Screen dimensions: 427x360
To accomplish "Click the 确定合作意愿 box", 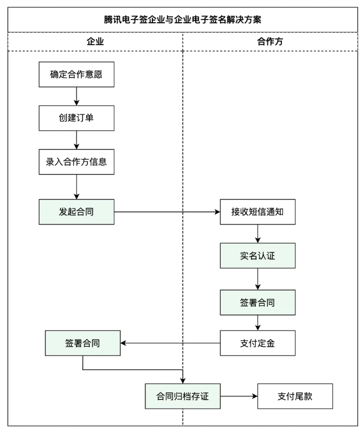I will point(76,75).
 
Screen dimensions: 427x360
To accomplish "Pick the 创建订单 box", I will point(76,118).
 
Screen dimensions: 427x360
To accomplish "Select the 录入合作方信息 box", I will point(76,162).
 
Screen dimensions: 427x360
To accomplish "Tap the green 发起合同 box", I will point(76,211).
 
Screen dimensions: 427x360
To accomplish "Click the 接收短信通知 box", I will point(257,212).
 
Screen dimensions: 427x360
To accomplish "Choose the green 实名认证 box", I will point(257,255).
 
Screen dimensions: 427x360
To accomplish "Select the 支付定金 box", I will point(257,343).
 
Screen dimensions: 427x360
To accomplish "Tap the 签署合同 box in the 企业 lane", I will point(82,343).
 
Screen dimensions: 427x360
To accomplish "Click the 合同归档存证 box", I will point(183,396).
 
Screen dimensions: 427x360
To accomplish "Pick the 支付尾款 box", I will point(294,396).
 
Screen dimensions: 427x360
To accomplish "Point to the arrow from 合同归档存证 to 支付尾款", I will point(239,396).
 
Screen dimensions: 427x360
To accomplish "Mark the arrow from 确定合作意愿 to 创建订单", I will point(76,97).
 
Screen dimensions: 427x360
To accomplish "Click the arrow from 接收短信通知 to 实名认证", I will point(257,233).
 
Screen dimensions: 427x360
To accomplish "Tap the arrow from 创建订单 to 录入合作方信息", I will point(76,139).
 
